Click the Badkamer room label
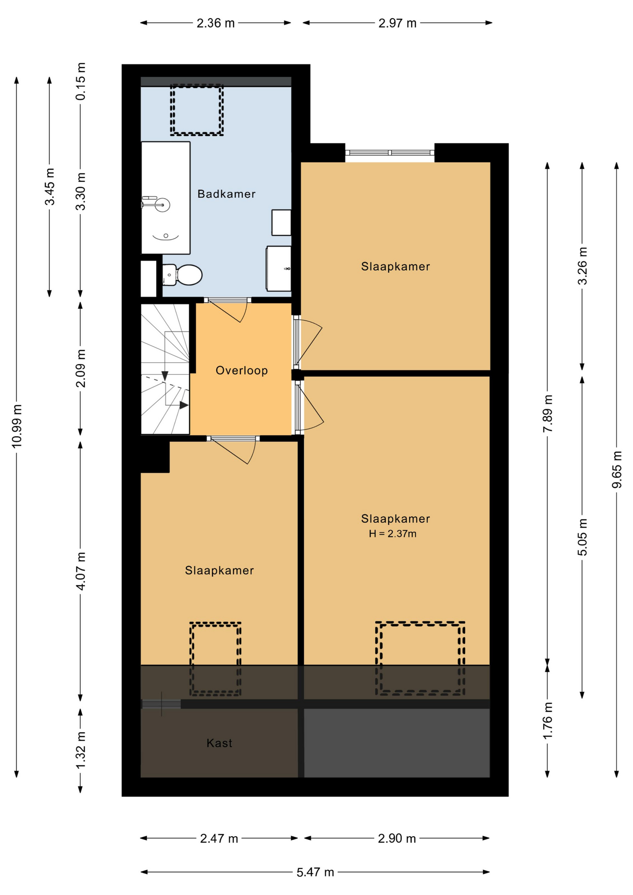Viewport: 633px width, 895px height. click(x=226, y=194)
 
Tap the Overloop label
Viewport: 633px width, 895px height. click(x=241, y=371)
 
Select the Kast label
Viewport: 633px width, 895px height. click(x=219, y=743)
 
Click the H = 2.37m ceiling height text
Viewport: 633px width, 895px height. click(x=392, y=534)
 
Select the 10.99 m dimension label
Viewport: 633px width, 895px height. click(x=17, y=427)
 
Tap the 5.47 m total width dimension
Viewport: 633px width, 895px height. click(x=315, y=872)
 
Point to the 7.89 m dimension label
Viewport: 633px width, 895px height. click(x=548, y=413)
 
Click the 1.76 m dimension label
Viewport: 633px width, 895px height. click(x=548, y=721)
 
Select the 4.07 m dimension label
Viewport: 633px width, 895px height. click(x=81, y=571)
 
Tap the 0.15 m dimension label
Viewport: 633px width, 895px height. click(x=81, y=81)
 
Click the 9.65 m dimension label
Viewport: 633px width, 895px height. click(x=617, y=470)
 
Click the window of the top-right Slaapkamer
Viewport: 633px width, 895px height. click(x=390, y=152)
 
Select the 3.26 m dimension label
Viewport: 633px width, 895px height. click(x=582, y=266)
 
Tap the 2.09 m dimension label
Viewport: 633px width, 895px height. click(x=81, y=368)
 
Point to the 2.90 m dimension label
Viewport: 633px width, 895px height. click(x=397, y=839)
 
